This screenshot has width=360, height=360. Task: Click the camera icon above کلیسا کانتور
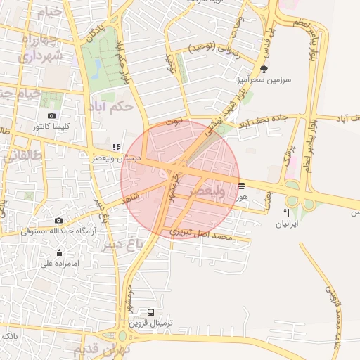click(51, 115)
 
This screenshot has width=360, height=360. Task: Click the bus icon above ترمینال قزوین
click(151, 312)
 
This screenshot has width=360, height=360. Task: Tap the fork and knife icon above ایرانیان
click(286, 212)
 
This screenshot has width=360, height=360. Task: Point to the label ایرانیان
click(286, 223)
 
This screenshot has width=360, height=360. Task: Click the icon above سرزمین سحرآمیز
click(264, 69)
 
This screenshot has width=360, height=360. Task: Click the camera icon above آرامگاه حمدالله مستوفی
click(58, 220)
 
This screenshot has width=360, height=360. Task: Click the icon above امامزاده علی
click(59, 253)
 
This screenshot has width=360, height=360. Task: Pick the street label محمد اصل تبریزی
click(200, 235)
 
